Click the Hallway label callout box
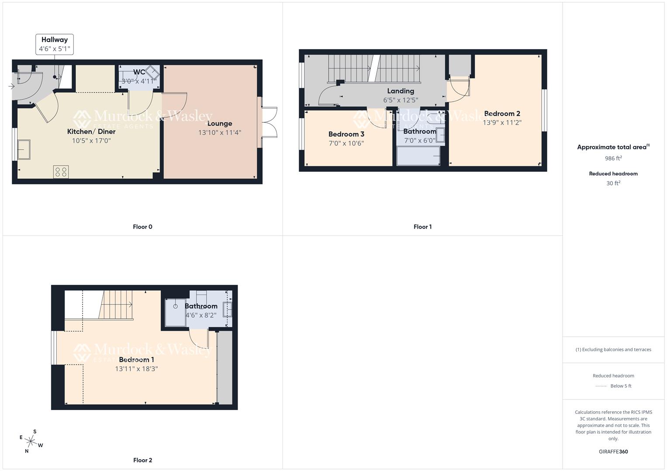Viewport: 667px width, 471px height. pos(55,44)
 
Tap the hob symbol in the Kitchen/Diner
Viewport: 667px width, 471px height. pos(61,172)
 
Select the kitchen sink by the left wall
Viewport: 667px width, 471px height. pos(24,150)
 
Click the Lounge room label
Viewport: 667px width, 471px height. pos(220,124)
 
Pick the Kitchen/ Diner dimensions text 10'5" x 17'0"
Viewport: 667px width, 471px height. pos(91,141)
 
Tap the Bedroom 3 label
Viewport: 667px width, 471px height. pos(346,134)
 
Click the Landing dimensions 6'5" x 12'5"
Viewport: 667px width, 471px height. pos(401,100)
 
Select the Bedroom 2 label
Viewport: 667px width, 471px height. pos(502,114)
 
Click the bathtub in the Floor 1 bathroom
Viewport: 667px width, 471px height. pos(418,156)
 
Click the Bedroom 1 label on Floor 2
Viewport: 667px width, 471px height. pos(136,360)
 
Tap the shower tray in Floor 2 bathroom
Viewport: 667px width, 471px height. pos(175,312)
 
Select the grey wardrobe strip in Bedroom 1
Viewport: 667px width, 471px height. pos(225,368)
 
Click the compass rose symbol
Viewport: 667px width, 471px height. pos(31,441)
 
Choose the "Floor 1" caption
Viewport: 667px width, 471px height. pos(422,227)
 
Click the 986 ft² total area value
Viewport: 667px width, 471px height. pos(613,158)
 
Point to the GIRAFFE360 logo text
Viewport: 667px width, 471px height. pos(613,452)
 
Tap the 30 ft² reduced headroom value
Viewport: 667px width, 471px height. pos(613,183)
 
